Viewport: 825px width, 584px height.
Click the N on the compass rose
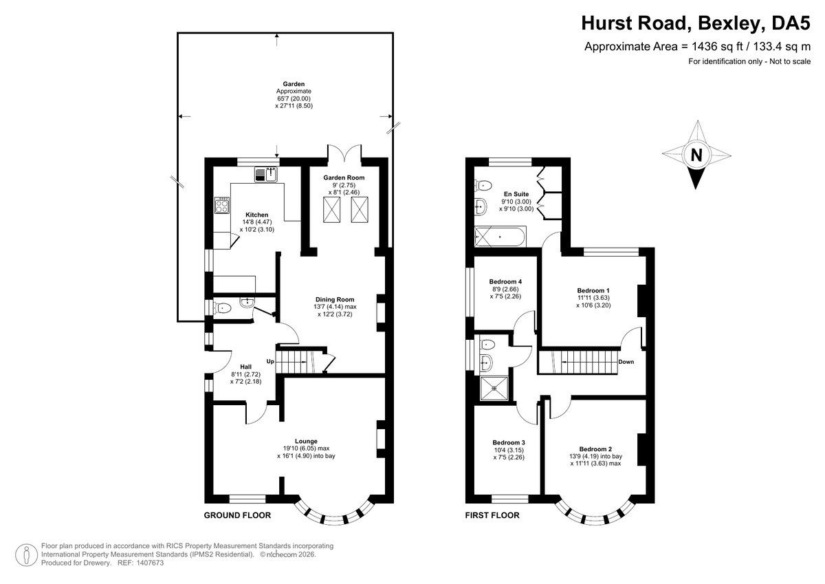[x=696, y=155]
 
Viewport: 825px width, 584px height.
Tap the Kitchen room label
[x=256, y=215]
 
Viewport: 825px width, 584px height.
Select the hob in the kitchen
[x=221, y=205]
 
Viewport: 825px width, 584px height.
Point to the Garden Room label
[x=344, y=177]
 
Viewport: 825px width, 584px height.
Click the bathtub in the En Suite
[x=500, y=237]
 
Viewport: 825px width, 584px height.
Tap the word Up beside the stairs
[x=270, y=361]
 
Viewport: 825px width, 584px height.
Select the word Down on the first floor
[x=626, y=362]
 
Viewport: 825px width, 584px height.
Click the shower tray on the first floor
[x=494, y=389]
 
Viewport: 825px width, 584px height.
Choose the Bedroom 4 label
[x=505, y=281]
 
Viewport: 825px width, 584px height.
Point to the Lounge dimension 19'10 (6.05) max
[x=306, y=448]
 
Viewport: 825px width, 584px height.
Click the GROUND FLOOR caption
[x=237, y=515]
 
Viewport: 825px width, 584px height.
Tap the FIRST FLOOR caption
[x=492, y=515]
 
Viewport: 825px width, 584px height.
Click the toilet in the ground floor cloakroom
[x=223, y=307]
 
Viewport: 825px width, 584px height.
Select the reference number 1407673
[x=150, y=563]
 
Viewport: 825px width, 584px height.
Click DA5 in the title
[x=791, y=23]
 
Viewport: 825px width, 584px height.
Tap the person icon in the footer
[x=27, y=555]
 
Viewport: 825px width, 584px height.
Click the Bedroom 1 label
[x=593, y=291]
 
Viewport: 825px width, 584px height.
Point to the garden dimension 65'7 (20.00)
[x=294, y=99]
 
